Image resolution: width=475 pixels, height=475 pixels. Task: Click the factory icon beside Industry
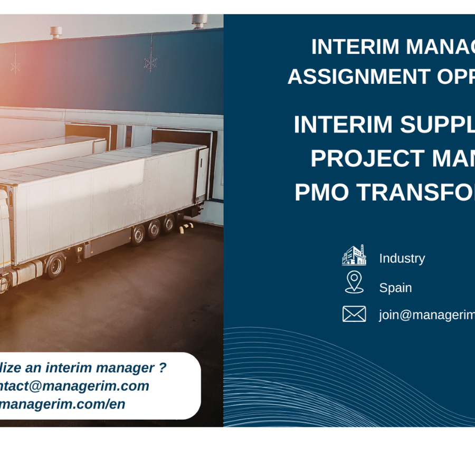click(354, 255)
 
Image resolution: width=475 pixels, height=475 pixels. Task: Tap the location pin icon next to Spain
click(354, 282)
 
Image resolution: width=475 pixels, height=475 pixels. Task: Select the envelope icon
click(354, 314)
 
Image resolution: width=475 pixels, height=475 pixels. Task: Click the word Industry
click(402, 259)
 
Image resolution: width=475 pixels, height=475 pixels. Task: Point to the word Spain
click(395, 288)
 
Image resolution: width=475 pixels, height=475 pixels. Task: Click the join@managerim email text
click(426, 315)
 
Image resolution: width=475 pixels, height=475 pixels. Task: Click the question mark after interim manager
click(163, 367)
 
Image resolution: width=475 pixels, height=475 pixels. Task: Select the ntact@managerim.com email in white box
click(74, 386)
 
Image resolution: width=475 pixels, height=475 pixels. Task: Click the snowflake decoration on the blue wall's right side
click(150, 62)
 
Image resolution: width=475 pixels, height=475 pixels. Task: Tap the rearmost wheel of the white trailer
click(168, 224)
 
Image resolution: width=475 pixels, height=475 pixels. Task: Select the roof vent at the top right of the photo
click(199, 21)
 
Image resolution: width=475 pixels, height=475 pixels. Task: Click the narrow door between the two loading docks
click(129, 136)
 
